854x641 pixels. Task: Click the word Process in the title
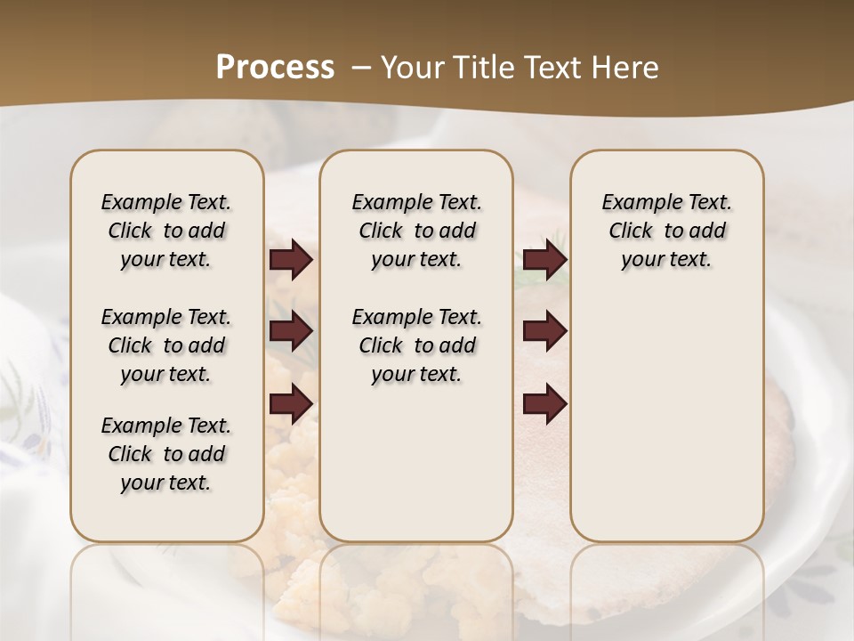point(275,68)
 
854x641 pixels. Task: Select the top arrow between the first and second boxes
point(291,260)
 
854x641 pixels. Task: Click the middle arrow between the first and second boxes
point(291,332)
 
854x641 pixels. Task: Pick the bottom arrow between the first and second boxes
point(291,404)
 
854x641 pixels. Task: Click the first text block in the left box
point(166,231)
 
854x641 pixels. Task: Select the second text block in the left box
point(166,345)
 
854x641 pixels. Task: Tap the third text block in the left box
point(166,454)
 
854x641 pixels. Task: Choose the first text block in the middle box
point(416,231)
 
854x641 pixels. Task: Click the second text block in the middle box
point(416,345)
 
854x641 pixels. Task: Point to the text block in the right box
point(667,231)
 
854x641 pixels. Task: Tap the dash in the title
point(361,68)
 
